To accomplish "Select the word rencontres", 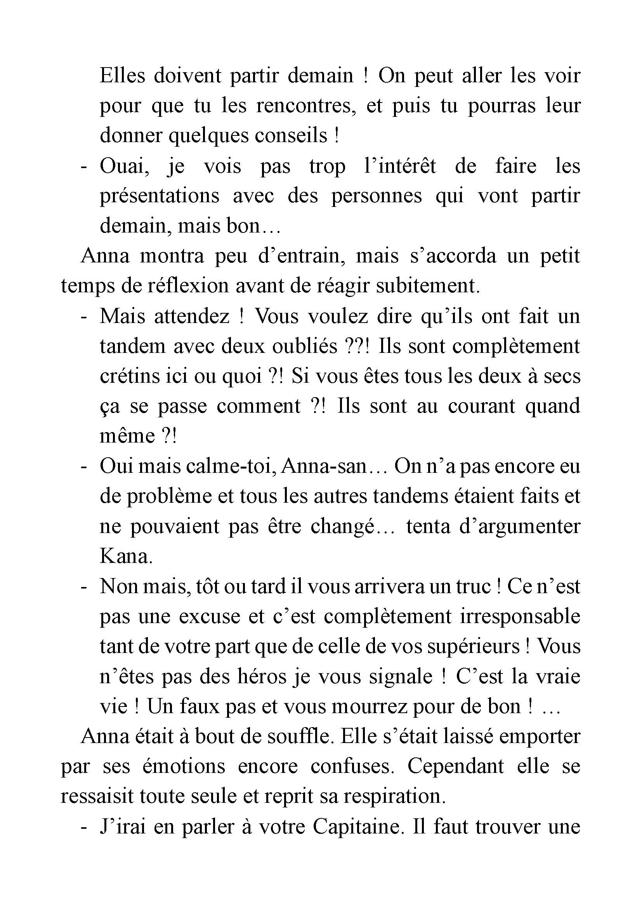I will [304, 106].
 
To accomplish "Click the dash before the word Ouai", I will [83, 167].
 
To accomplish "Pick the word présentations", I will [159, 196].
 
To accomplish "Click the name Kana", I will [126, 556].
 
